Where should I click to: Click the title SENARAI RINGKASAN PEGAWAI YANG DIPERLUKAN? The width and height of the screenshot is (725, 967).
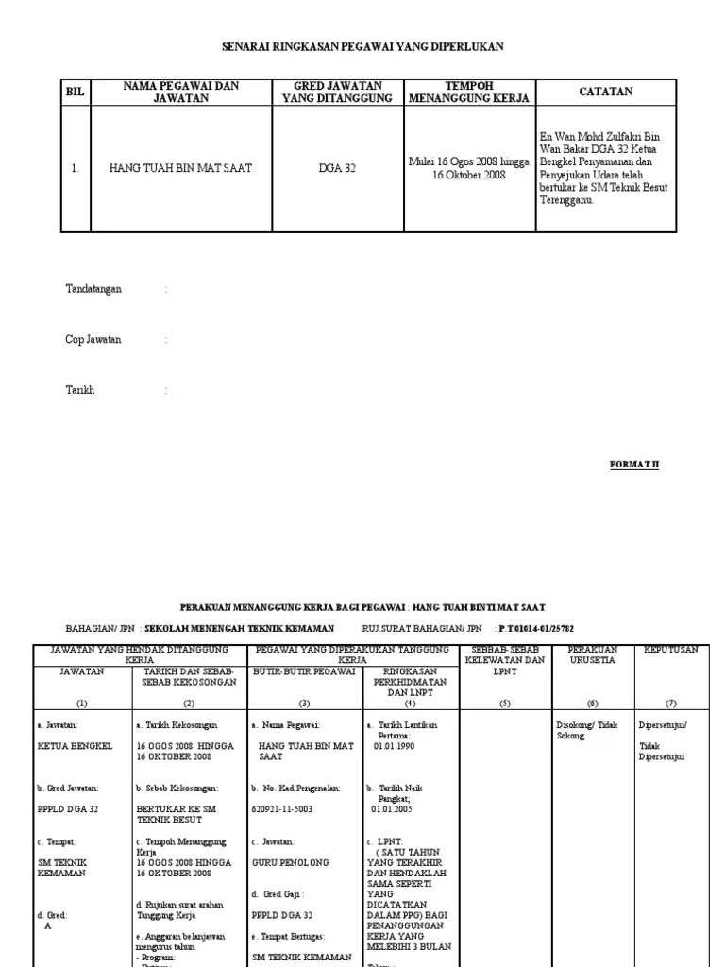click(362, 46)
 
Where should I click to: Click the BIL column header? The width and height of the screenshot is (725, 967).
click(76, 93)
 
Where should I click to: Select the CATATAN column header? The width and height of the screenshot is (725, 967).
click(605, 92)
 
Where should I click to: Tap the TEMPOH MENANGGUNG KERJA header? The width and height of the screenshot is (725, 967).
click(468, 92)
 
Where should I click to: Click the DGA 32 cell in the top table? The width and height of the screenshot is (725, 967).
click(330, 168)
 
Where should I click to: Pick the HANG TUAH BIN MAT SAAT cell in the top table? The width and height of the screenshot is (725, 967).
click(181, 168)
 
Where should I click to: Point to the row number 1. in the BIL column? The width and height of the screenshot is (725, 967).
click(76, 168)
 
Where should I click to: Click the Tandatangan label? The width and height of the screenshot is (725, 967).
click(93, 289)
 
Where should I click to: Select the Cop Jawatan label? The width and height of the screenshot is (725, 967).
click(93, 340)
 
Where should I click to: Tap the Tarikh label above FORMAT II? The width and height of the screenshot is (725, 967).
click(80, 390)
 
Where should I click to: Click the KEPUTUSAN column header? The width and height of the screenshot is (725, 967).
click(671, 650)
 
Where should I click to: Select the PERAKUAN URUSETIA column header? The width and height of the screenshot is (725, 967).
click(593, 655)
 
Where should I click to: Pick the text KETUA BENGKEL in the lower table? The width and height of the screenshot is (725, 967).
click(75, 745)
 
